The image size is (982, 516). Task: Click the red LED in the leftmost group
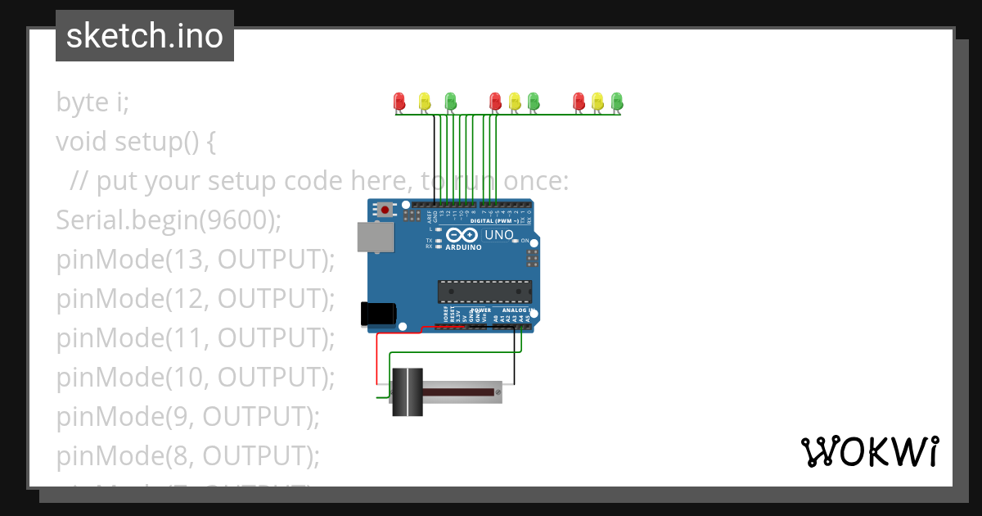click(399, 101)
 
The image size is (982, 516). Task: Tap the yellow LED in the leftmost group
click(424, 101)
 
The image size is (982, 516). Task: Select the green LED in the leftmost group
click(450, 101)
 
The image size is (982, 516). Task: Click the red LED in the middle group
click(494, 101)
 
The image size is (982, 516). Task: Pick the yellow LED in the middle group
click(514, 101)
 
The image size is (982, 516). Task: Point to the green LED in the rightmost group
click(616, 101)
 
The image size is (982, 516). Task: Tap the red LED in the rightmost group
click(579, 101)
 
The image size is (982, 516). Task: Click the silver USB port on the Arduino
click(374, 237)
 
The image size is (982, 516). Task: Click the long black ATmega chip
click(484, 292)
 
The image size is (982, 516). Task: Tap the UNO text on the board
click(499, 235)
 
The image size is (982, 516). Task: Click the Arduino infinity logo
click(463, 236)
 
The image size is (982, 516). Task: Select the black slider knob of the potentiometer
click(406, 392)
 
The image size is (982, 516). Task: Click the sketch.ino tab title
click(145, 36)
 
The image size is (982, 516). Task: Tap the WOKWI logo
click(869, 451)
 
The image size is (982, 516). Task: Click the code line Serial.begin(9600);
click(169, 220)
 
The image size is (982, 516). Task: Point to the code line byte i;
click(92, 102)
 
